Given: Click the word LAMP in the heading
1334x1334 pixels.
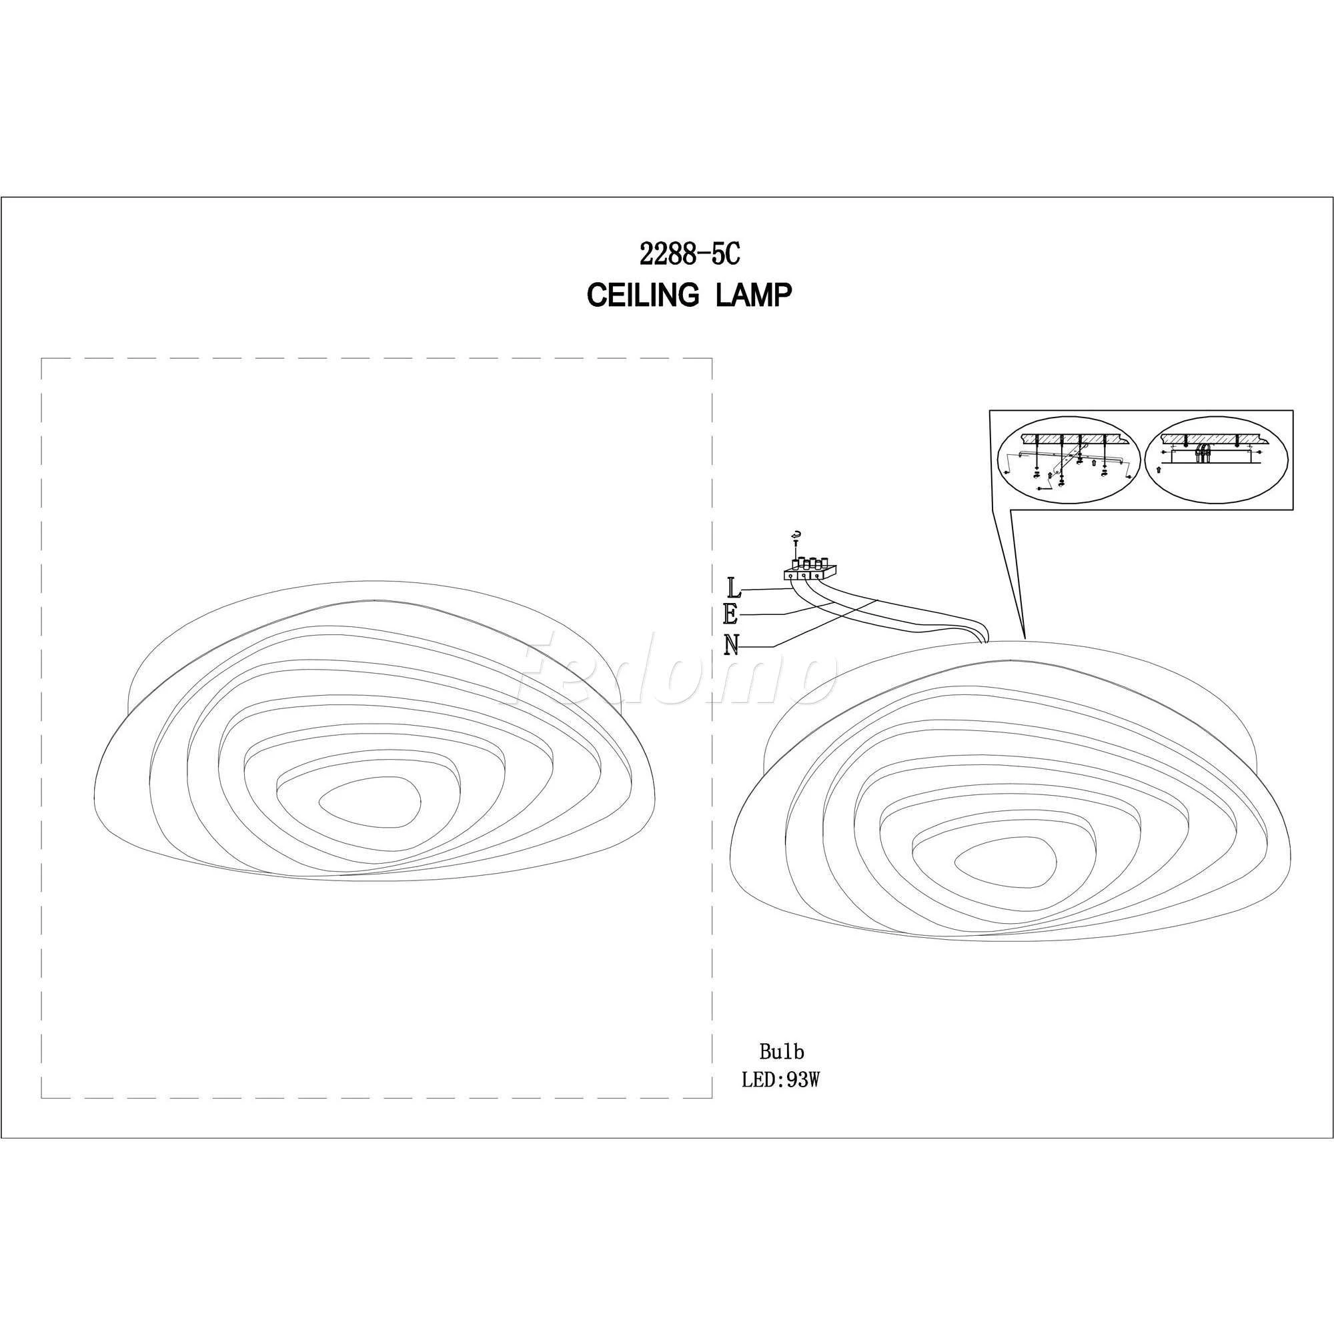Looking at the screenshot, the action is pyautogui.click(x=752, y=295).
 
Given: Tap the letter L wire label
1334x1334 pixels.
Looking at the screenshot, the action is pyautogui.click(x=734, y=588).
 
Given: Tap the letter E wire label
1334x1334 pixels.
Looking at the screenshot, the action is pyautogui.click(x=732, y=614).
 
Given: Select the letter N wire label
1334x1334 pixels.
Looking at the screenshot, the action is pyautogui.click(x=732, y=645).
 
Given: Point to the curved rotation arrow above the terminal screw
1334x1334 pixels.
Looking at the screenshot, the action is pyautogui.click(x=798, y=534).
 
